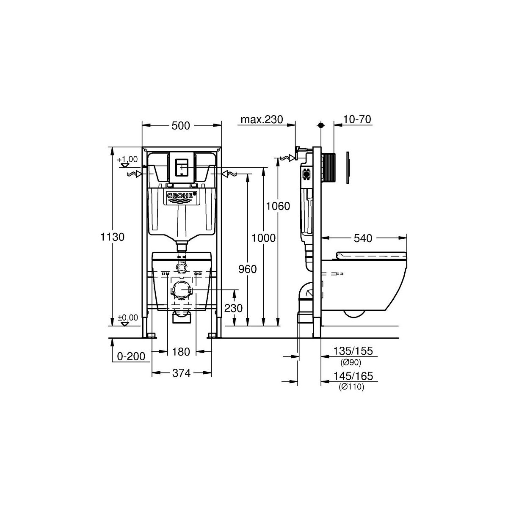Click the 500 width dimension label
[x=181, y=126]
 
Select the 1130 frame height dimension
[x=112, y=237]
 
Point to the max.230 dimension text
[x=262, y=119]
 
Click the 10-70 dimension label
[x=357, y=119]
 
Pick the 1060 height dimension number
[x=278, y=206]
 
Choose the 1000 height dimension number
[x=263, y=238]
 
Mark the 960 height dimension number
[x=248, y=269]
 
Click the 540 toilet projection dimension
[x=363, y=238]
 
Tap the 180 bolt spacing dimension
[x=181, y=351]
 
